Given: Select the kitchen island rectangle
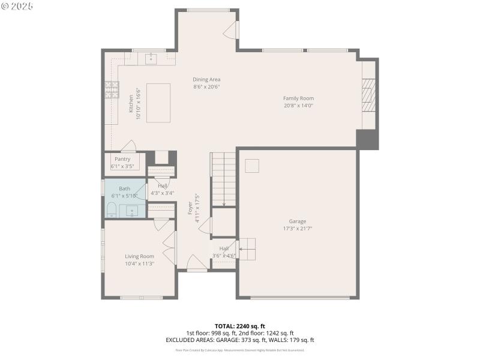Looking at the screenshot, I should click(x=158, y=103).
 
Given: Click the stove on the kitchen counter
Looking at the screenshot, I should click(x=112, y=89).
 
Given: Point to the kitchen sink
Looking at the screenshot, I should click(x=150, y=58).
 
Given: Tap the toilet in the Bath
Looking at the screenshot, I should click(x=111, y=209).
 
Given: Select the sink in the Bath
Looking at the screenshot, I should click(x=132, y=211).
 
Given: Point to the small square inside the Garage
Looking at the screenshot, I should click(x=252, y=166).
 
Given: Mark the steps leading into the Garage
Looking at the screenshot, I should click(x=247, y=248).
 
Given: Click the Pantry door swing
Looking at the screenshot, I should click(x=129, y=146).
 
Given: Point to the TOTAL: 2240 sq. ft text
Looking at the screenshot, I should click(x=239, y=326).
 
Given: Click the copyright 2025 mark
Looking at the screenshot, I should click(x=17, y=6).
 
